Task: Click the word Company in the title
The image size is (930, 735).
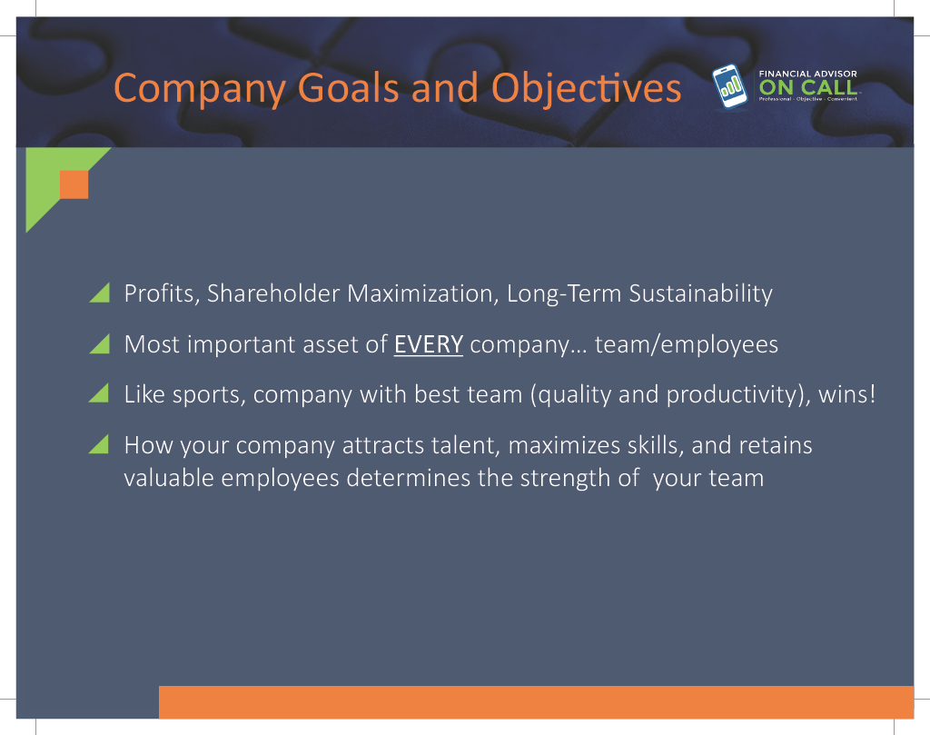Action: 199,90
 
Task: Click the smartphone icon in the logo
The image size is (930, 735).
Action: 729,86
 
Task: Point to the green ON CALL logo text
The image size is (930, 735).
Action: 807,88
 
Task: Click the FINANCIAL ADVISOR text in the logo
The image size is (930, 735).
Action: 807,74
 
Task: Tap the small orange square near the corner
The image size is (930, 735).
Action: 74,184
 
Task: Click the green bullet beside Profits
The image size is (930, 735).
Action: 100,293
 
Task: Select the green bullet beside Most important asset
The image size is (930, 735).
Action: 100,343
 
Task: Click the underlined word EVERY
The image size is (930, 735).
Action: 429,344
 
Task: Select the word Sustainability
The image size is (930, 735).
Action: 700,294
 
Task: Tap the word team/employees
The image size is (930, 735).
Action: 687,345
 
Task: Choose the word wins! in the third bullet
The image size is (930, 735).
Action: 847,394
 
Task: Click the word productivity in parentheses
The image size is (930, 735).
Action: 734,396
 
